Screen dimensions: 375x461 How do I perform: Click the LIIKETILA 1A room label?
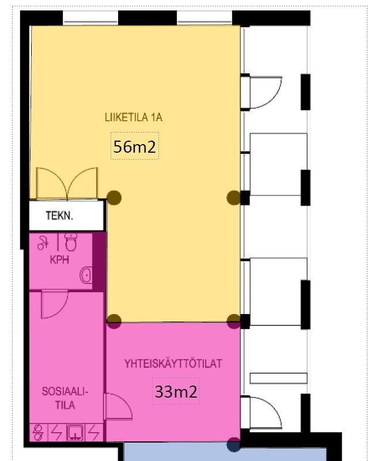click(x=134, y=118)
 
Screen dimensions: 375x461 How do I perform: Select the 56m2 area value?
click(x=135, y=146)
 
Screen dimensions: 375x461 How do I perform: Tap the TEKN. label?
click(x=59, y=216)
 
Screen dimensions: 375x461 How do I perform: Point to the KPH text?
click(x=59, y=260)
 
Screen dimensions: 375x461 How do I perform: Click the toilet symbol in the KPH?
click(x=70, y=242)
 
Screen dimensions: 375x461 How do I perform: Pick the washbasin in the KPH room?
click(x=86, y=275)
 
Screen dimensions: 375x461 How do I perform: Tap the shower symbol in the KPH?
click(x=43, y=243)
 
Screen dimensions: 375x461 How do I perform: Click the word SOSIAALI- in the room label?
click(x=65, y=392)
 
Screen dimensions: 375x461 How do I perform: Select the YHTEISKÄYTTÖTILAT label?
click(x=173, y=364)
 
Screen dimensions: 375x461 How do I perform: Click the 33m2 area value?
click(x=176, y=392)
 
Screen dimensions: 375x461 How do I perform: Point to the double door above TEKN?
click(x=67, y=183)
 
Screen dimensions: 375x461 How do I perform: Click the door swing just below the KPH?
click(x=55, y=304)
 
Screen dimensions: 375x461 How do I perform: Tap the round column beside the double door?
click(x=114, y=198)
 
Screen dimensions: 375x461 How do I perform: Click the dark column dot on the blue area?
click(x=234, y=445)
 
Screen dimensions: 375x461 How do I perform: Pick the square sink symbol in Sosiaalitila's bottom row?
click(x=75, y=432)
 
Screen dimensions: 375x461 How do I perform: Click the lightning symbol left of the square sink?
click(x=56, y=432)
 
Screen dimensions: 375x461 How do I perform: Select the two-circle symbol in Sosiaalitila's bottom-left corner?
click(x=38, y=432)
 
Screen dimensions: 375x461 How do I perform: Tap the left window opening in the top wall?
click(x=90, y=18)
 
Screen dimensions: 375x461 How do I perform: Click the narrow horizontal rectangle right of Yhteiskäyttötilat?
click(x=278, y=378)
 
